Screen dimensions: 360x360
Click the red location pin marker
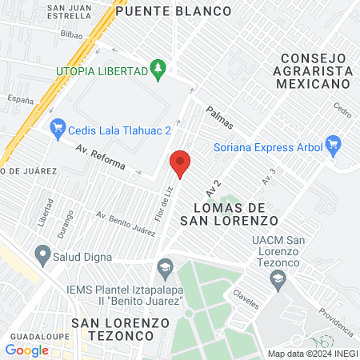click(x=180, y=164)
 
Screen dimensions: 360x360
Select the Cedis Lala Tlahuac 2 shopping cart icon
click(x=57, y=127)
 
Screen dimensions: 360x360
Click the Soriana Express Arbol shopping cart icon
click(x=334, y=146)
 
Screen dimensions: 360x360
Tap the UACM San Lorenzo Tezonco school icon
click(x=278, y=278)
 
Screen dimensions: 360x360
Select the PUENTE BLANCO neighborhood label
click(x=173, y=11)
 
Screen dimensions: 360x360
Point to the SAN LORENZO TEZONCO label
click(x=121, y=329)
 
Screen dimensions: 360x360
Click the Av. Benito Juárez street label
click(x=126, y=223)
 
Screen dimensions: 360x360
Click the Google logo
click(x=26, y=350)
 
